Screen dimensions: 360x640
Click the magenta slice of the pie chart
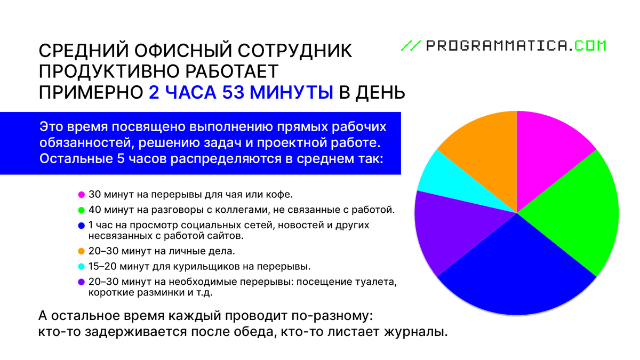(547, 147)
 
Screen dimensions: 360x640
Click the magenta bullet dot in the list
(82, 194)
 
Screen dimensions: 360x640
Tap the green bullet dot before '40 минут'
(82, 210)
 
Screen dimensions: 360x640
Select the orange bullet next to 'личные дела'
(82, 251)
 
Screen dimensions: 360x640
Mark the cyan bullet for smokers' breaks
(82, 266)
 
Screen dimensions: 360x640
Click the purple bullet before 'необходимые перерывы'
(82, 282)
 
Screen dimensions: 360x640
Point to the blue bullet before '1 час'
(82, 225)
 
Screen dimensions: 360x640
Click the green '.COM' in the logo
(589, 46)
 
